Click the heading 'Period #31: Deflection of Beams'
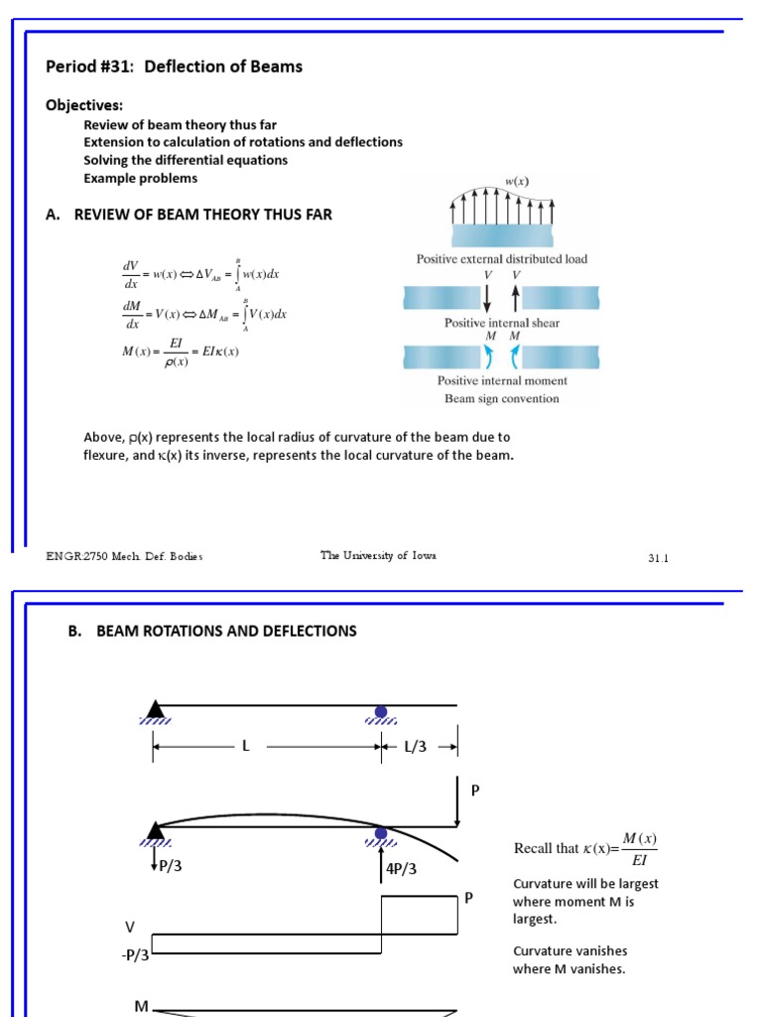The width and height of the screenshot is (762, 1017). tap(175, 67)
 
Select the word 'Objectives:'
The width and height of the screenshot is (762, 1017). tap(84, 105)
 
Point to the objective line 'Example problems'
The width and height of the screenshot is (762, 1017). tap(140, 179)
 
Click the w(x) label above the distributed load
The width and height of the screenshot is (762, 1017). tap(517, 182)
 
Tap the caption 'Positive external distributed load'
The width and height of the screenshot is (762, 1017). tap(501, 259)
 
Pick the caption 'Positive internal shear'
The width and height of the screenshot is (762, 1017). tap(501, 323)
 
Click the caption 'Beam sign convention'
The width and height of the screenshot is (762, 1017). tap(501, 399)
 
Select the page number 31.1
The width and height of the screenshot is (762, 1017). tap(659, 558)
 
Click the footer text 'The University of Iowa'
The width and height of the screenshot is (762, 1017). tap(378, 556)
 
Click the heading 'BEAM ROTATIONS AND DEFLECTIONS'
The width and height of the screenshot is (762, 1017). tap(226, 632)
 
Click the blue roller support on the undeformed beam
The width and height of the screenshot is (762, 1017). tap(381, 712)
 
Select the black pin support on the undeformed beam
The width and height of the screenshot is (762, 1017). tap(155, 709)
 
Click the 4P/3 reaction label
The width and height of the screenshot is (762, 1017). tap(401, 869)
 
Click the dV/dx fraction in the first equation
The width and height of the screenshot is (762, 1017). tap(130, 274)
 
